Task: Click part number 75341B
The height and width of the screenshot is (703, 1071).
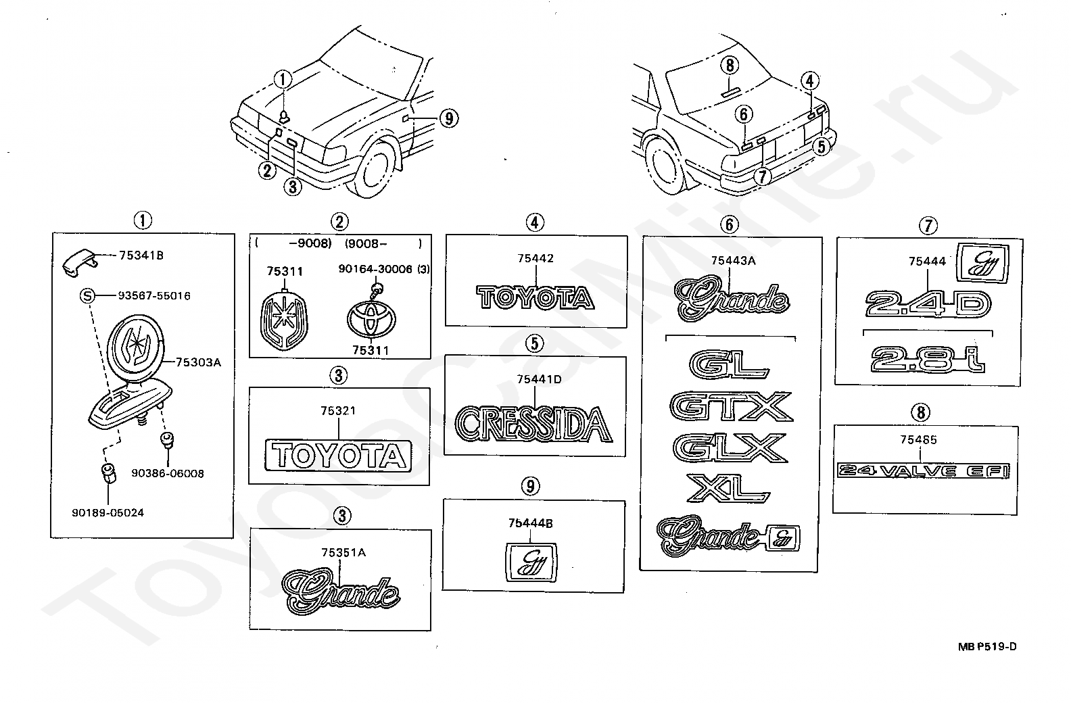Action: coord(141,256)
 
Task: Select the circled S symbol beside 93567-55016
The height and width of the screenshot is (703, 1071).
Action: coord(86,295)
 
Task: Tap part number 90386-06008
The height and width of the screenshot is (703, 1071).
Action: coord(168,473)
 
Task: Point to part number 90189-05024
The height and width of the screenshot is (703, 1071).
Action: coord(108,512)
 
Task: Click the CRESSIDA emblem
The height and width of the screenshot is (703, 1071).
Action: coord(533,424)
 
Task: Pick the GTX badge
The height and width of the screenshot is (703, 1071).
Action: coord(730,406)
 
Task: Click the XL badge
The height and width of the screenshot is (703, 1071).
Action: coord(728,487)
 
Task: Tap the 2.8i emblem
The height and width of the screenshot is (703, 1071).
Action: coord(928,358)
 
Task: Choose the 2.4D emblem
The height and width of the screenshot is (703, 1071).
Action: coord(928,304)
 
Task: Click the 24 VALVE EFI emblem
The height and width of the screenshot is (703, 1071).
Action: coord(924,471)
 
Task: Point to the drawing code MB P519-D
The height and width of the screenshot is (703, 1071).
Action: coord(986,646)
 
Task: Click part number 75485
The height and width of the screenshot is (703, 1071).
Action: coord(918,440)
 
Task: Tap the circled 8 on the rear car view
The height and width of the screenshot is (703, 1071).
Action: coord(730,65)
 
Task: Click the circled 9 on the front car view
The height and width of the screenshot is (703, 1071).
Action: coord(448,119)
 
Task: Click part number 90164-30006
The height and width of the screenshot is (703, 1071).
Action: coord(375,268)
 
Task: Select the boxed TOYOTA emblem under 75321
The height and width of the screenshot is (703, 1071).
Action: coord(338,454)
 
